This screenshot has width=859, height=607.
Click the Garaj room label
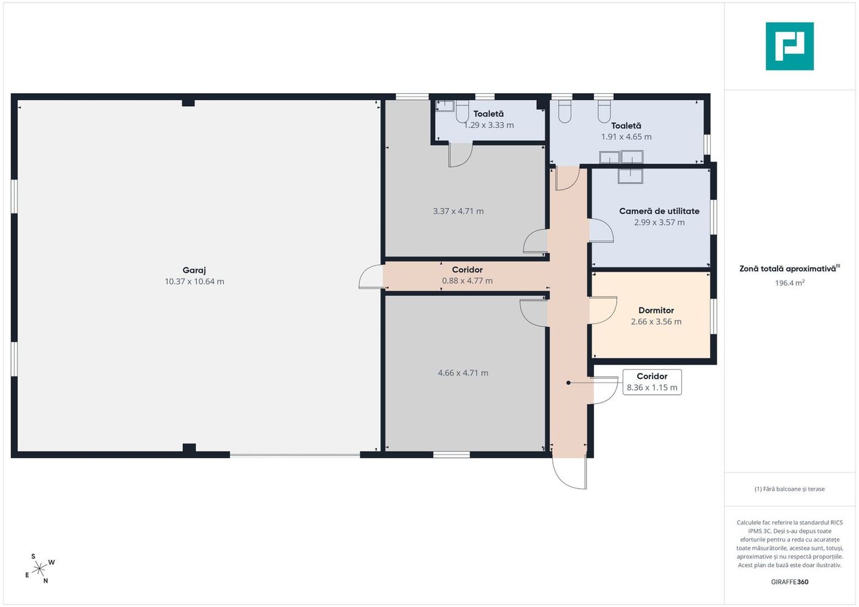[194, 270]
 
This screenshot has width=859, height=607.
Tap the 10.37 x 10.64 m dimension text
[195, 281]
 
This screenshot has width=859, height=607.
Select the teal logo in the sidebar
[790, 47]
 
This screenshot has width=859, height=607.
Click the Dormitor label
[656, 310]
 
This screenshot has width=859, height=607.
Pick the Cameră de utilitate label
[659, 211]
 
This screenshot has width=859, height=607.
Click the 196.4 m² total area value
[790, 283]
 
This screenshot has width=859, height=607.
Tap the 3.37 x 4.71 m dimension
[458, 211]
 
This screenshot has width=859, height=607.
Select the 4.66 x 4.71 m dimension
[463, 373]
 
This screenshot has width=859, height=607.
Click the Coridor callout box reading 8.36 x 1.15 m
[652, 382]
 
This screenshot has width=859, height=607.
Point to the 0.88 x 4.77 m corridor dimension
[467, 281]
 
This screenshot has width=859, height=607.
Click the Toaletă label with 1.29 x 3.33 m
[488, 114]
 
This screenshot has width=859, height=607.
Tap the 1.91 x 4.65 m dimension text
[626, 137]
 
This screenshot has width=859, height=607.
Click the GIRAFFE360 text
[790, 582]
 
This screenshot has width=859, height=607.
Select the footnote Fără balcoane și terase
[790, 489]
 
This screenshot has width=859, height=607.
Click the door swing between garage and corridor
[371, 277]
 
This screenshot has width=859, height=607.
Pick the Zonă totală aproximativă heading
[790, 269]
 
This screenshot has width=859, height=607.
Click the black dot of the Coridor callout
[568, 383]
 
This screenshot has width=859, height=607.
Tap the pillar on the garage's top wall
[188, 103]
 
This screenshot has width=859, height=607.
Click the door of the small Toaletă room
[461, 155]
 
